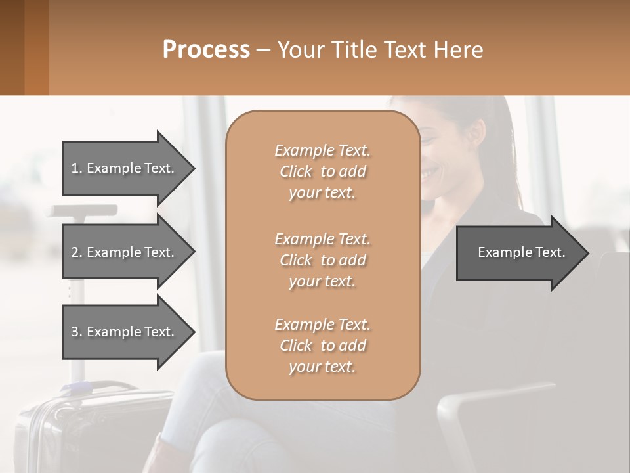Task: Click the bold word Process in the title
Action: pos(206,49)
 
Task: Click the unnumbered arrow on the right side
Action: pos(518,252)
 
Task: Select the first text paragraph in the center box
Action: pos(322,171)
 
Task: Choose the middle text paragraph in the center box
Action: pos(322,260)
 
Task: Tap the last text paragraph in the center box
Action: pos(322,346)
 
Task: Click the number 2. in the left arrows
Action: pos(77,252)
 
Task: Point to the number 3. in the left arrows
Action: pos(77,332)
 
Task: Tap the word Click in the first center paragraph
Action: pos(296,171)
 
